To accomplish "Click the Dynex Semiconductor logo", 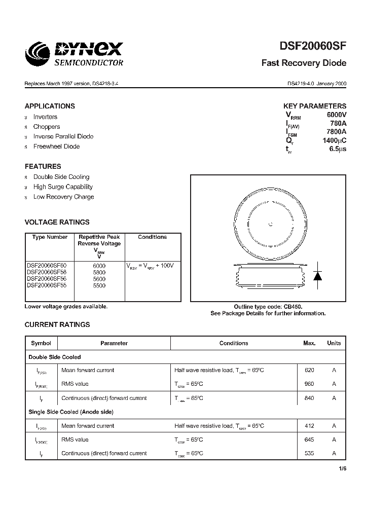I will coord(75,54).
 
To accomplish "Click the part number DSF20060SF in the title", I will coord(313,46).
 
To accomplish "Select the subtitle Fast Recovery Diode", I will coord(304,63).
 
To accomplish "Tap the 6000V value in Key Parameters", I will coord(337,115).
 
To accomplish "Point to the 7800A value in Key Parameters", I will coord(337,132).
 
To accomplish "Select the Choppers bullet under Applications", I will coord(47,127).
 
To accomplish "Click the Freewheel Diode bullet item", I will coord(56,146).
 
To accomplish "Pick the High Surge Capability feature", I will coord(63,187).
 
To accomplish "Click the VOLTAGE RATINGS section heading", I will coord(57,222).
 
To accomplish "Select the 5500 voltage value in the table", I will coord(99,286).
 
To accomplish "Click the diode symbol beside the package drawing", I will coord(318,275).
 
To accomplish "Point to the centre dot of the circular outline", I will coord(270,224).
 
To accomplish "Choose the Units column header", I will coord(334,343).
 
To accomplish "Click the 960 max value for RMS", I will coord(309,384).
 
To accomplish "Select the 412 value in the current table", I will coord(309,426).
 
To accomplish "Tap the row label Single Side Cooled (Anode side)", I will coord(70,412).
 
